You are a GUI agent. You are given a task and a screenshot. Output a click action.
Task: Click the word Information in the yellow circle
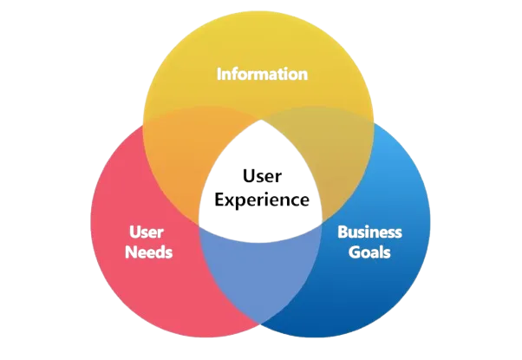[x=261, y=74]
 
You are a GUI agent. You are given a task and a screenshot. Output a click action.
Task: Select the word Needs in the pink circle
[x=148, y=252]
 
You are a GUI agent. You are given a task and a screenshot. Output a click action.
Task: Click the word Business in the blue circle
[x=370, y=232]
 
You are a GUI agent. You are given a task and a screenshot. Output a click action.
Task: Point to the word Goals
[x=370, y=252]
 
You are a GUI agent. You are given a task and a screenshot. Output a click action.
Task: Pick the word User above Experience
[x=262, y=177]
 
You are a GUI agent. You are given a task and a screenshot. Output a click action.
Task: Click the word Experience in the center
[x=262, y=199]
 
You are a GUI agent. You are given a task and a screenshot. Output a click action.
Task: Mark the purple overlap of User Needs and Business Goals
[x=261, y=278]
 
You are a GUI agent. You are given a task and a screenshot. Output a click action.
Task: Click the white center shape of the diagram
[x=262, y=217]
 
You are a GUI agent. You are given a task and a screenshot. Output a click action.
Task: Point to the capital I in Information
[x=219, y=74]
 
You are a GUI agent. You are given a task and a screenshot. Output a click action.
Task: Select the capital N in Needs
[x=130, y=252]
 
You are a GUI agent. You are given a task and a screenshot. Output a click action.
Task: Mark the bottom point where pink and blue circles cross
[x=261, y=327]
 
